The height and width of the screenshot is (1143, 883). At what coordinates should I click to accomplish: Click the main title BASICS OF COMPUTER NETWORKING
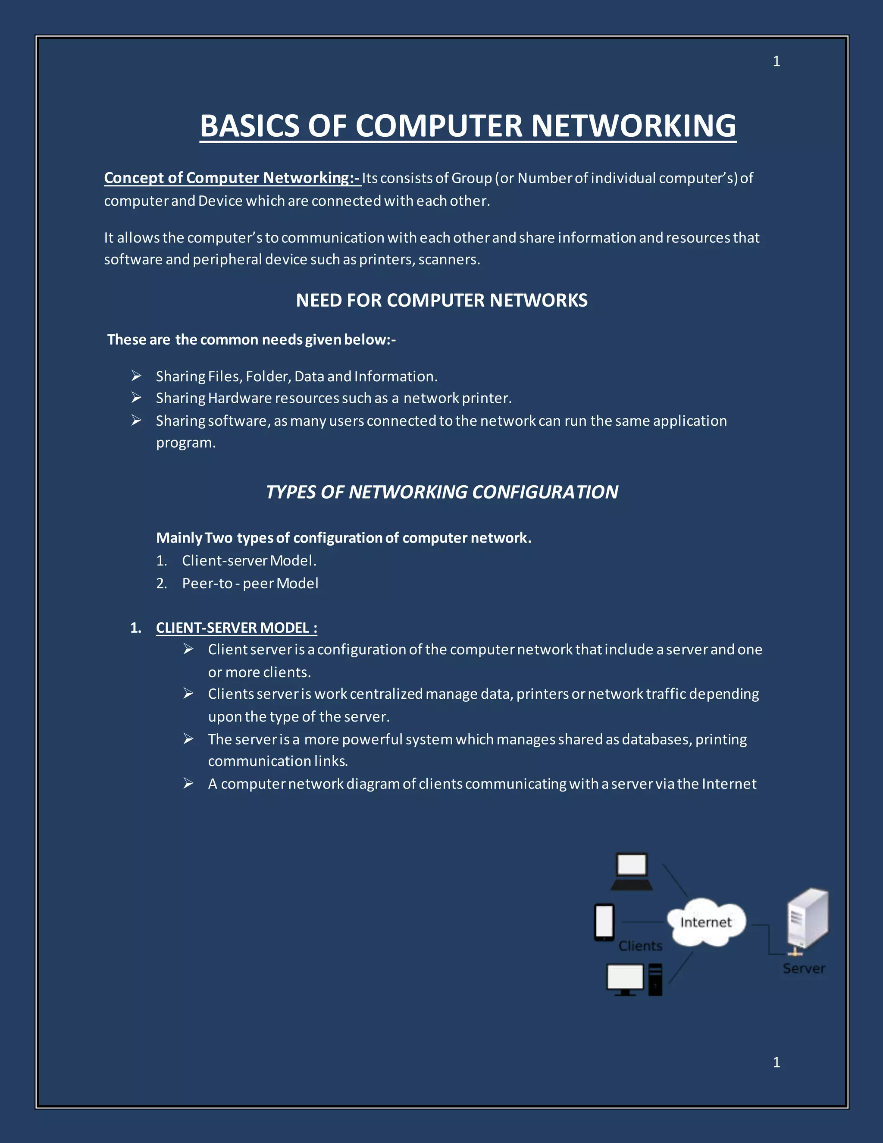pyautogui.click(x=468, y=126)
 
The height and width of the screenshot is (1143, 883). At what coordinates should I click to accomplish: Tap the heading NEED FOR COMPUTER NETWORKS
pyautogui.click(x=441, y=300)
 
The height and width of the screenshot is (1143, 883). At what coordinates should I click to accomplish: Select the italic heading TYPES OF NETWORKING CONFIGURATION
pyautogui.click(x=441, y=492)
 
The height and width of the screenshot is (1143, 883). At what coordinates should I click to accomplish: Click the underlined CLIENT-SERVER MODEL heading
pyautogui.click(x=236, y=628)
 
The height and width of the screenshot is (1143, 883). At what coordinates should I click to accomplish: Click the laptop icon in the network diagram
pyautogui.click(x=631, y=871)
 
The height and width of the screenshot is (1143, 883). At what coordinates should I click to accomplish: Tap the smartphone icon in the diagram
pyautogui.click(x=604, y=923)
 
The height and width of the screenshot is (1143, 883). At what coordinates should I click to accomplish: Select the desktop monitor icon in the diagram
pyautogui.click(x=625, y=979)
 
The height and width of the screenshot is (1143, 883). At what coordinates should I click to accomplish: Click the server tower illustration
pyautogui.click(x=808, y=918)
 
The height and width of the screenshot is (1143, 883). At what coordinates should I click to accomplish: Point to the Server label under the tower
pyautogui.click(x=804, y=969)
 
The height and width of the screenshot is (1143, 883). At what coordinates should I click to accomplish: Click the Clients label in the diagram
pyautogui.click(x=640, y=946)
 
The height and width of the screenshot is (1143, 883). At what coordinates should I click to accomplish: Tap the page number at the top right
pyautogui.click(x=776, y=61)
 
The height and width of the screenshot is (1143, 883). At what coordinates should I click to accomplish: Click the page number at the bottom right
pyautogui.click(x=776, y=1062)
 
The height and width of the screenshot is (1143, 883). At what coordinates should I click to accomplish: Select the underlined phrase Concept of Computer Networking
pyautogui.click(x=232, y=178)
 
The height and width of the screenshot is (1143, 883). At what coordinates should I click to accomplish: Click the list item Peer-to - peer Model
pyautogui.click(x=250, y=584)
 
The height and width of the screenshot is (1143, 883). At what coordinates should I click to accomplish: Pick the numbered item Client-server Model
pyautogui.click(x=249, y=561)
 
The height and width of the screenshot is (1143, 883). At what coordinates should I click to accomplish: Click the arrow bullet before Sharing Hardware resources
pyautogui.click(x=136, y=398)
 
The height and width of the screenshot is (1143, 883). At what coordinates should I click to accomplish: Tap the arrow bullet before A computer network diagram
pyautogui.click(x=188, y=783)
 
